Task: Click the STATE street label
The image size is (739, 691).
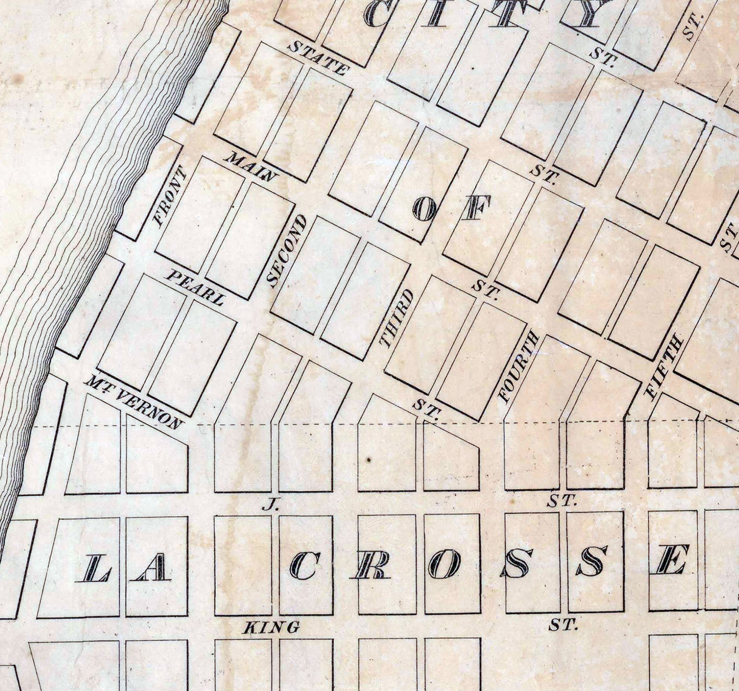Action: [x=318, y=58]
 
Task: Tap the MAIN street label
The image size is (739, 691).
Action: [x=251, y=167]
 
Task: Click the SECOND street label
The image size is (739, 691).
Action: [x=287, y=251]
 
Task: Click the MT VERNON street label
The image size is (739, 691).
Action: [x=134, y=401]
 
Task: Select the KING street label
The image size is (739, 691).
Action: [x=272, y=627]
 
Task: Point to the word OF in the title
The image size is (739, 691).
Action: [x=452, y=207]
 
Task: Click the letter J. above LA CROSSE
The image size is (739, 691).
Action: [x=269, y=504]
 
